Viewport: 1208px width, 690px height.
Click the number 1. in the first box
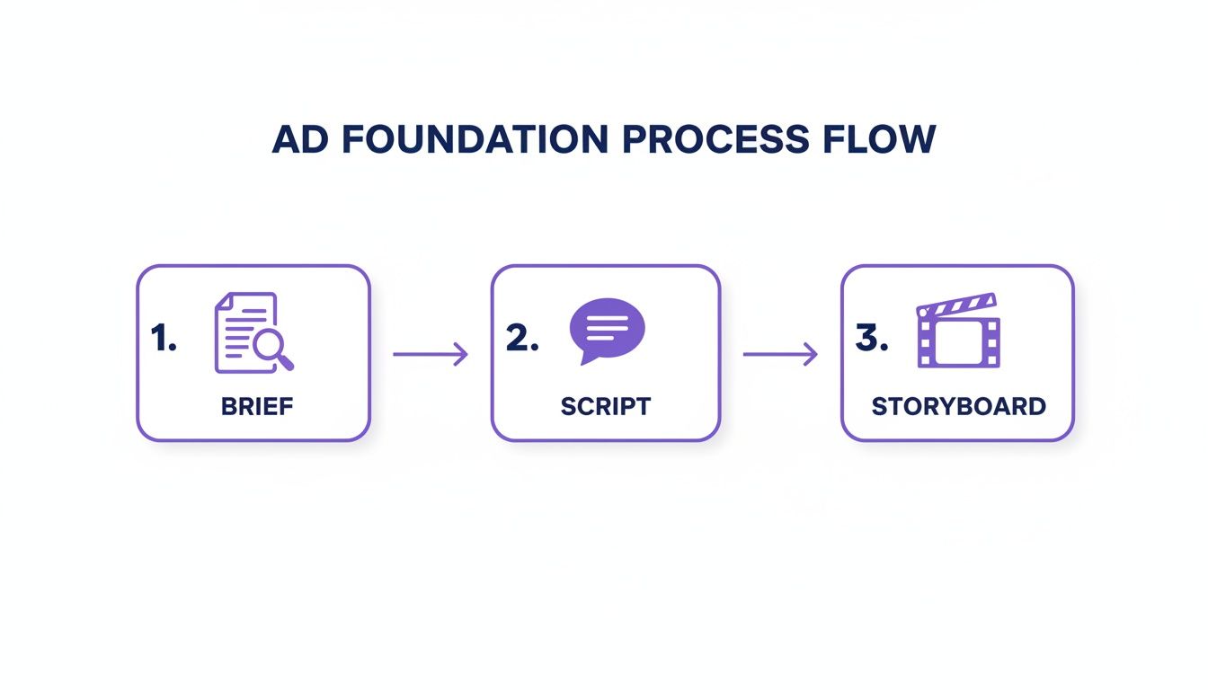pos(164,339)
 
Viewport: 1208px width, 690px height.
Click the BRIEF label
pos(257,406)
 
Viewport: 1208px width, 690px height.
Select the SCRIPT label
pos(605,406)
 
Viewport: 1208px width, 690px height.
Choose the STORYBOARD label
pos(958,406)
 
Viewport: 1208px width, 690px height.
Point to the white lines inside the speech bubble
pos(608,324)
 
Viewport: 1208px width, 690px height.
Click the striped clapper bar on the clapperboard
pos(958,304)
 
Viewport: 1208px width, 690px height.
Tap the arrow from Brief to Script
pos(431,354)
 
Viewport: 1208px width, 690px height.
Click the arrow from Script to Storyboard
pos(780,354)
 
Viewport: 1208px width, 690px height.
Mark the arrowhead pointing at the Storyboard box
pos(812,354)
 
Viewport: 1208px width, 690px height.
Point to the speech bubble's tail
pos(589,358)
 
